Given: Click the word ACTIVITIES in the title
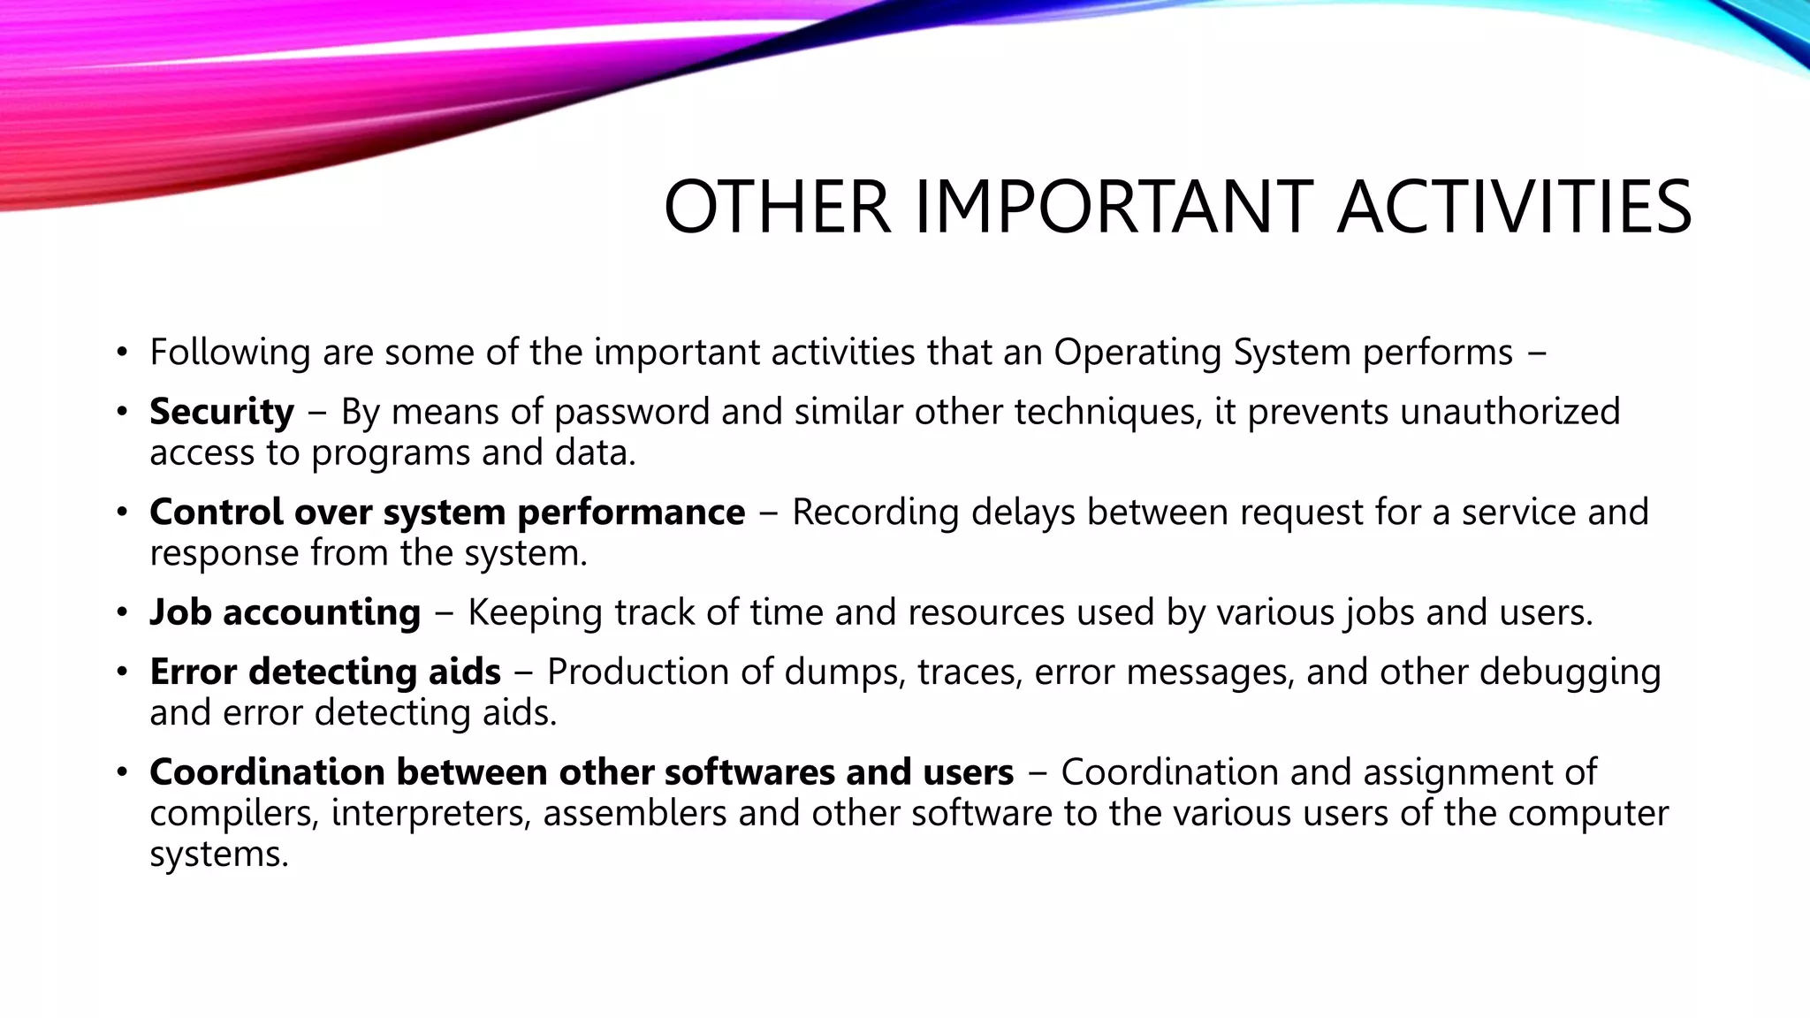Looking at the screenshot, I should (x=1513, y=208).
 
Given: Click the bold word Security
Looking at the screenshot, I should (x=221, y=412).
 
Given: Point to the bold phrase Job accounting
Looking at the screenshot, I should (x=285, y=612).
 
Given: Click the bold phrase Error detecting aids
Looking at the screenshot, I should (x=324, y=672).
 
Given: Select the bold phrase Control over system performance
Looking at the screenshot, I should (x=446, y=513).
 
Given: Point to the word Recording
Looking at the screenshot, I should (x=875, y=513).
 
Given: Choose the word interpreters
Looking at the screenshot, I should (x=431, y=814).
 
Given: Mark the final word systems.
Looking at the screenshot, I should (x=218, y=855).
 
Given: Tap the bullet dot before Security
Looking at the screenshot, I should (x=122, y=413).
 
